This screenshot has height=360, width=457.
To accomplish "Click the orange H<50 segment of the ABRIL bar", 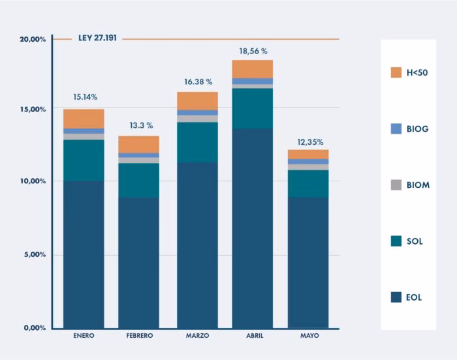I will coord(252,69).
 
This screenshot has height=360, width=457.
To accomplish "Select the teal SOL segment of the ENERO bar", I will coord(84,160).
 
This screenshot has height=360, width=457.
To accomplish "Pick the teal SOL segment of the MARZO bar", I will coord(197,142).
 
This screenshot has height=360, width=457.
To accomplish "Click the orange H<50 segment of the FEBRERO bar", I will coord(138,144).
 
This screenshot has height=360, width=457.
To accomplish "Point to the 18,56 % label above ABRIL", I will coord(253,50).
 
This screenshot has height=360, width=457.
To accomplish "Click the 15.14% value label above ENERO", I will coord(85,97).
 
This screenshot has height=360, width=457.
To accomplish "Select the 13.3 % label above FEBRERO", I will coord(140,125).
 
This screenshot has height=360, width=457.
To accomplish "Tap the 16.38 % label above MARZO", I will coord(198,82).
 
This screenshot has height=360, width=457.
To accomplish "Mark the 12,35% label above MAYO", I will coord(309,142).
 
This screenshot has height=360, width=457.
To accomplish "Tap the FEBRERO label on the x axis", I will coord(138,336).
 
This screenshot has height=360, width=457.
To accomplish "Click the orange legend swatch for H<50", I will coord(396,72).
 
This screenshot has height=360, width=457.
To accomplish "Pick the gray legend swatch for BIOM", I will coord(396,185).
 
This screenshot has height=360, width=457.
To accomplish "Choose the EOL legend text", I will coord(415,297).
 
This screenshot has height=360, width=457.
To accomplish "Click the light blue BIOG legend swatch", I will coord(396,129).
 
